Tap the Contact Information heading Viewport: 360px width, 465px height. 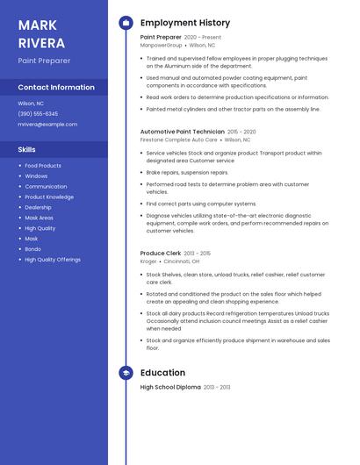tap(56, 88)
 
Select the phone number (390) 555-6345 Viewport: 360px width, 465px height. tap(38, 114)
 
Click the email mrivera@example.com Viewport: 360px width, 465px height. tap(47, 125)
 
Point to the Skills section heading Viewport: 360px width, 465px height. tap(26, 150)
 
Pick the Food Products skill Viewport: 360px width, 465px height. tap(43, 166)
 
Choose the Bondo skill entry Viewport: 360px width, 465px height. tap(32, 249)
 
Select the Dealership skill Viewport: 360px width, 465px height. tap(38, 208)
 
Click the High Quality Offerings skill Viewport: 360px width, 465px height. tap(53, 260)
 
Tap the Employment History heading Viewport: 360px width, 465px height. tap(185, 23)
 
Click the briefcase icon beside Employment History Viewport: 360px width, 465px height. tap(126, 23)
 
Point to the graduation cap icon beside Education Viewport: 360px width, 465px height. tap(126, 373)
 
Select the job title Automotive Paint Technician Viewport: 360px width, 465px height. tap(183, 132)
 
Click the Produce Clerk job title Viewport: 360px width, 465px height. tap(161, 253)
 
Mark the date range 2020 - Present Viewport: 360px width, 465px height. tap(203, 38)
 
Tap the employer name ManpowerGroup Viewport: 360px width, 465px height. tap(162, 45)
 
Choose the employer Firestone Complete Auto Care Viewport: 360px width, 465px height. tap(178, 139)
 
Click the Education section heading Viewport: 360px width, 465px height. tap(162, 373)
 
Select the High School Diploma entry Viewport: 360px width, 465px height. tap(170, 387)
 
